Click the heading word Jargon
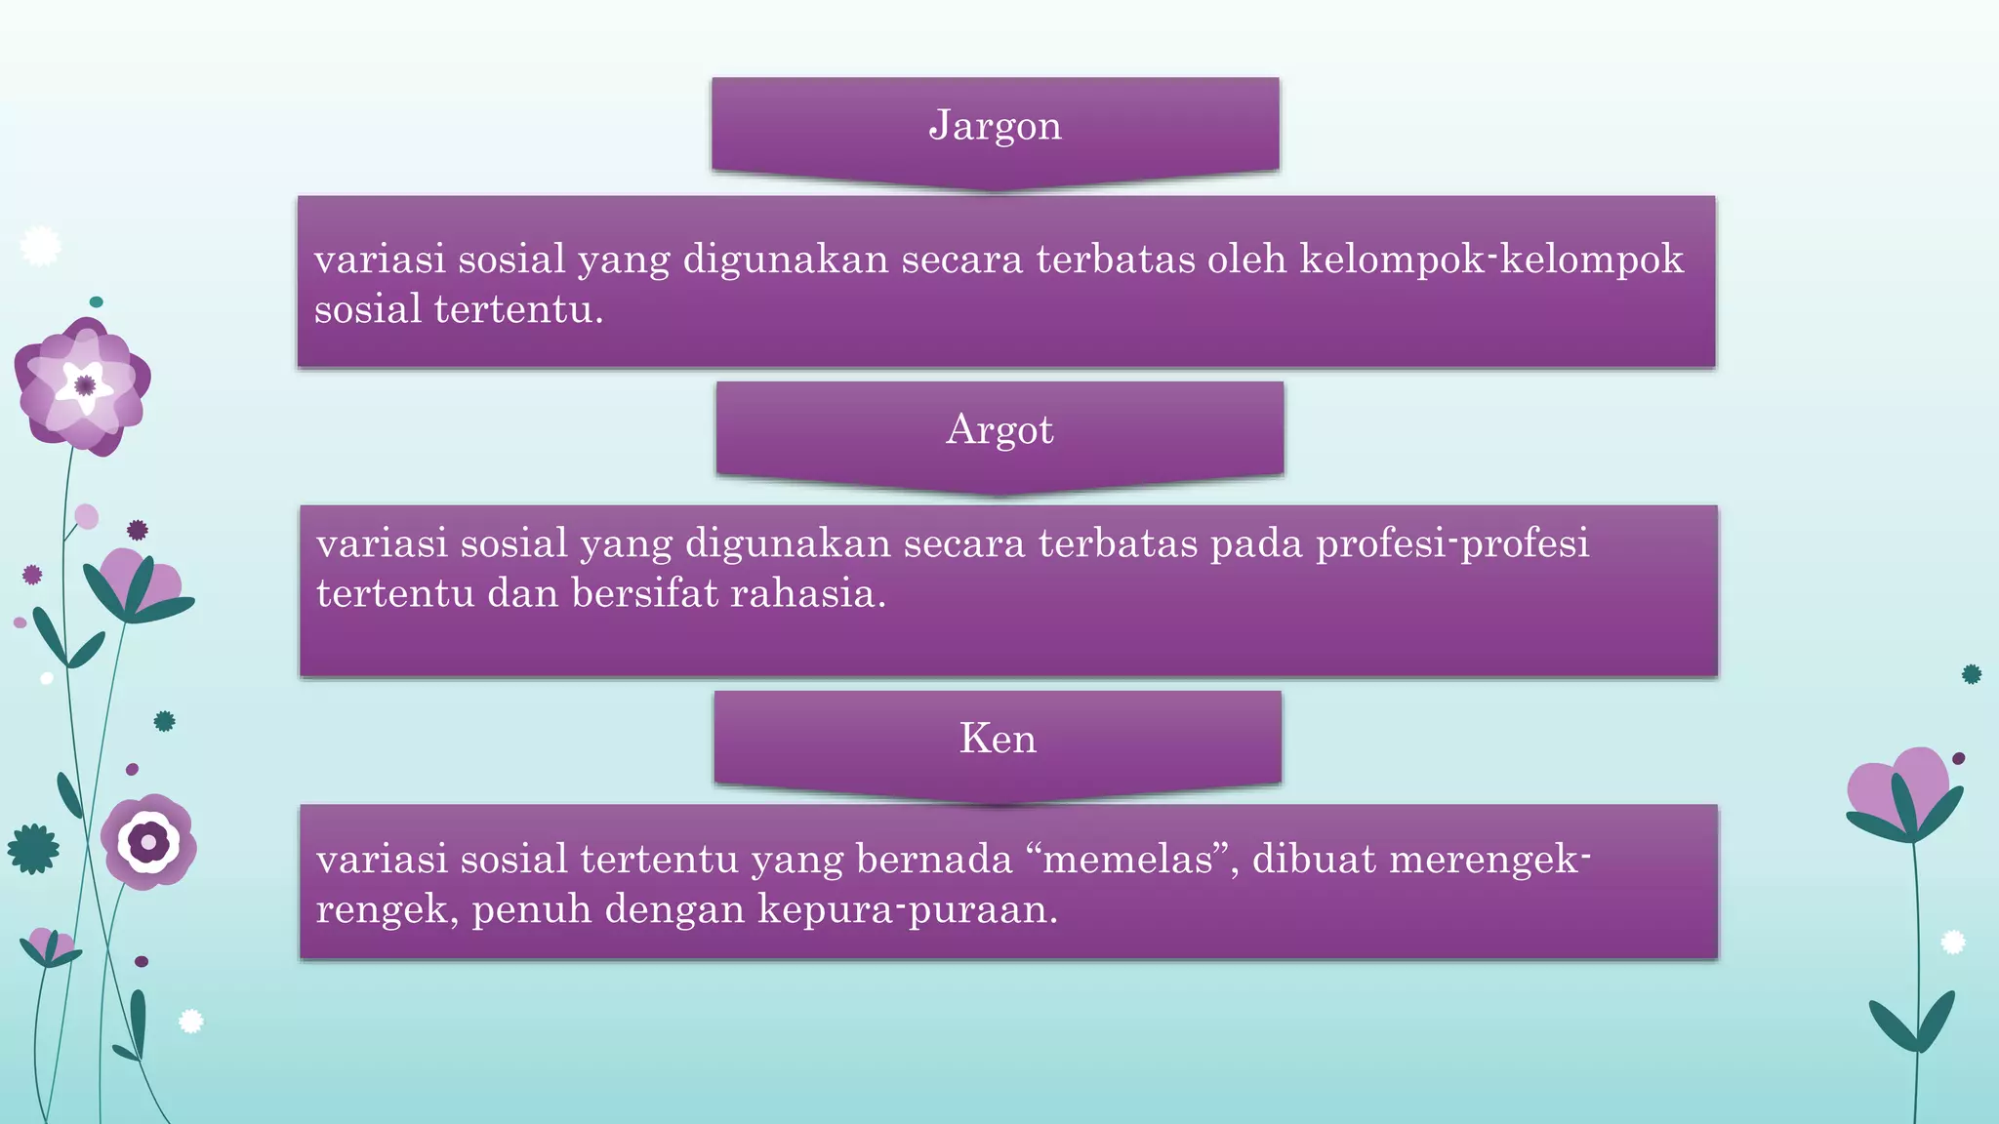pos(995,126)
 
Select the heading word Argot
pos(999,430)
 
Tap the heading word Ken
pos(998,739)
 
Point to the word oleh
pos(1246,260)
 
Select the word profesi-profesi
pos(1452,543)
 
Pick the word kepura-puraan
pos(907,909)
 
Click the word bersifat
pos(644,593)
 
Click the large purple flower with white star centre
pos(84,386)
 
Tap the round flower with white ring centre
pos(148,841)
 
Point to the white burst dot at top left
pos(40,246)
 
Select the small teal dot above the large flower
pos(96,302)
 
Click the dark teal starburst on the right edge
pos(1971,674)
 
